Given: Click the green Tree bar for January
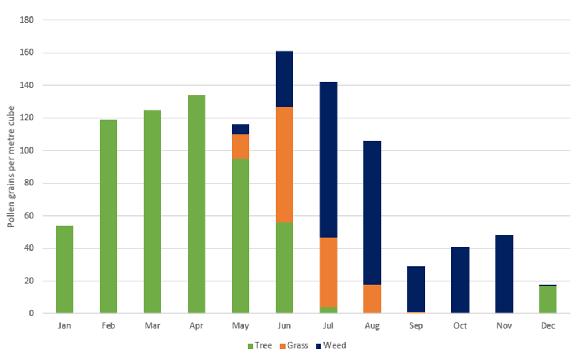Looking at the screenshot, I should pyautogui.click(x=64, y=269).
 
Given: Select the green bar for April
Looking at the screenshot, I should pyautogui.click(x=196, y=204).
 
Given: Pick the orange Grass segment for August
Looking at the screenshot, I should pyautogui.click(x=373, y=298).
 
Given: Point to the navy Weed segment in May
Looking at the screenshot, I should pyautogui.click(x=240, y=129).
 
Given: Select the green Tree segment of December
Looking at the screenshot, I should pyautogui.click(x=547, y=299).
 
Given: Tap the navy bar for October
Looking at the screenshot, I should pyautogui.click(x=461, y=279).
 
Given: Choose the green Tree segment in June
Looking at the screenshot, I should pyautogui.click(x=284, y=268).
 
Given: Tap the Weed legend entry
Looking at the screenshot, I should pyautogui.click(x=331, y=345).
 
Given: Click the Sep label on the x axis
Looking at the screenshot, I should pyautogui.click(x=416, y=327).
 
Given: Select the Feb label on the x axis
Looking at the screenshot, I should pyautogui.click(x=108, y=327).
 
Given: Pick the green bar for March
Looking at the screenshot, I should pyautogui.click(x=152, y=211).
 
